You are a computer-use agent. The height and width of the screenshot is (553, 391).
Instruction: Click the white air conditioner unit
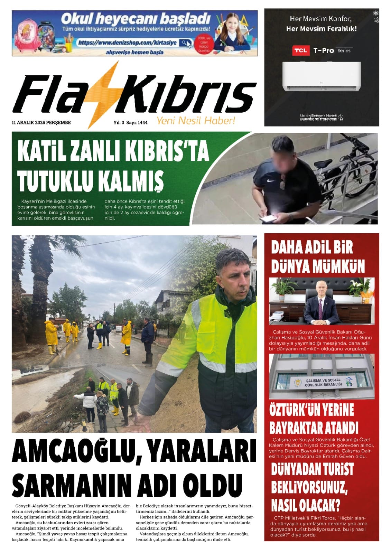(x=321, y=76)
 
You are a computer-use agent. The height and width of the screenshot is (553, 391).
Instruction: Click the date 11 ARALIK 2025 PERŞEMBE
(x=41, y=122)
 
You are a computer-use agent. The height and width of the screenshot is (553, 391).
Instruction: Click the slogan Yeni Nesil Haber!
(x=196, y=121)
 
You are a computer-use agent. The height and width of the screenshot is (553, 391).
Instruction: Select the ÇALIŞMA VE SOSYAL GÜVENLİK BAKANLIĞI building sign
(x=324, y=382)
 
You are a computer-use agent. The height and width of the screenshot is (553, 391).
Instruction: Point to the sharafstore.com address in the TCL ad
(x=318, y=119)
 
